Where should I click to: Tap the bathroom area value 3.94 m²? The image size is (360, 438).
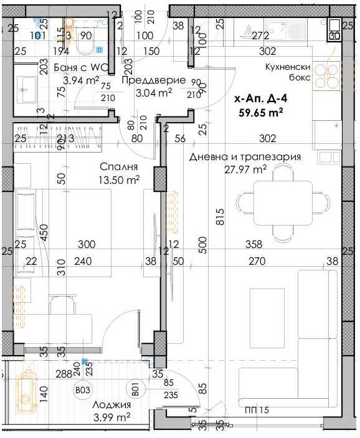click(81, 80)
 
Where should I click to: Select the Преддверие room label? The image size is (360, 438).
click(153, 80)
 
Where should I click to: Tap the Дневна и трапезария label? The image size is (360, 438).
click(245, 156)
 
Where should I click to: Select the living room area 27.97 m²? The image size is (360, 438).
click(245, 169)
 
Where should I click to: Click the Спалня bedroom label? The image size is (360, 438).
click(118, 167)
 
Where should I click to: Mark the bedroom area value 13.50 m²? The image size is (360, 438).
click(118, 180)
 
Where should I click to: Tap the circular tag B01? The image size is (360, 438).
click(135, 391)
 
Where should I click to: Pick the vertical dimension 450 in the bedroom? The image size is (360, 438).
click(43, 232)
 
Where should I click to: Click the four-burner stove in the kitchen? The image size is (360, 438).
click(324, 75)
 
